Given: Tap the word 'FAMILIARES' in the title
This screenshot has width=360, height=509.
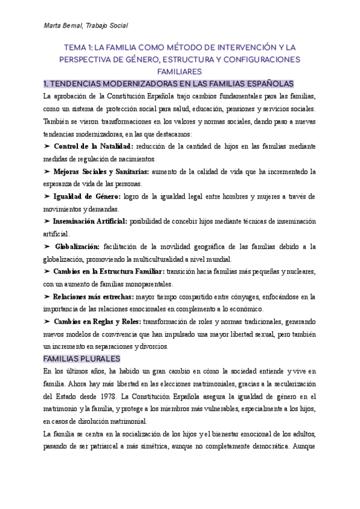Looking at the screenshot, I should point(179,71).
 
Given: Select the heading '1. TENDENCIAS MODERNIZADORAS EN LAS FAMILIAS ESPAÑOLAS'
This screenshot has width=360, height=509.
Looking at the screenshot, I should point(174,83).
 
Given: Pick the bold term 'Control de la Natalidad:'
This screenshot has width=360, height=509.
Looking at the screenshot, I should point(94,146).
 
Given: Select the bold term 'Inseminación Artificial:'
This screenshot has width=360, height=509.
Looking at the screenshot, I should point(91,221).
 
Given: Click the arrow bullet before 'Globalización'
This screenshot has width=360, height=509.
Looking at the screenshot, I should point(47,247).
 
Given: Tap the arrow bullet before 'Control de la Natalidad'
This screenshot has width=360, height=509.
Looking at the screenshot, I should point(47,146).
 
